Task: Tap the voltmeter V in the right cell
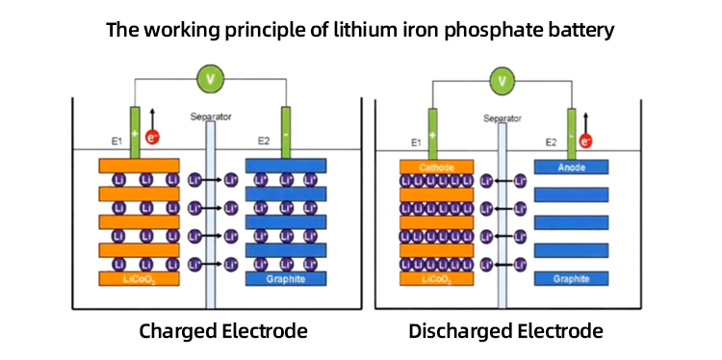click(500, 81)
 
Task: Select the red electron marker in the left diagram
click(152, 137)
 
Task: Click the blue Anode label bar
click(571, 167)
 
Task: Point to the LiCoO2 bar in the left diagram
click(137, 279)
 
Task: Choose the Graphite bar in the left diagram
click(283, 279)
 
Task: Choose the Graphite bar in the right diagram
click(571, 279)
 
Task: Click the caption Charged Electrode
click(223, 332)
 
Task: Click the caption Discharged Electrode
click(505, 332)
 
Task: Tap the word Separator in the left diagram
click(211, 116)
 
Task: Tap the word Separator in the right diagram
click(502, 120)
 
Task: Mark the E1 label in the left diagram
click(116, 141)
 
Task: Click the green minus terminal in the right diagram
click(572, 131)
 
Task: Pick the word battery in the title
click(580, 30)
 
